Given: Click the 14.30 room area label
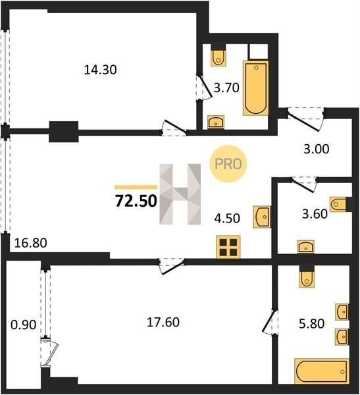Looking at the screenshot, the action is click(x=100, y=70).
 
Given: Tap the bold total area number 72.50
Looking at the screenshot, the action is click(x=136, y=201).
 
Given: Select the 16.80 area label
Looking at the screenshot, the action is click(x=30, y=243).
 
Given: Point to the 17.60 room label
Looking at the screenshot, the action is click(x=163, y=322).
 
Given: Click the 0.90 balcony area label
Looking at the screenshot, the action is click(x=24, y=325).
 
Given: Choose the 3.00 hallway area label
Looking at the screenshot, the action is click(x=317, y=149).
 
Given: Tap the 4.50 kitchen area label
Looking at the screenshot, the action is click(x=227, y=219).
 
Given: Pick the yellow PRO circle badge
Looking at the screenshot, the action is click(x=228, y=164).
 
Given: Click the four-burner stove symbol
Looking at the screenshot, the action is click(x=228, y=247).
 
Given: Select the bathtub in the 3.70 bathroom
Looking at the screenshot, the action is click(x=256, y=88).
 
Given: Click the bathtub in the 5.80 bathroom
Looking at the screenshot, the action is click(x=322, y=371).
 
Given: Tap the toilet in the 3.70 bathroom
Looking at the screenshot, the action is click(x=218, y=58).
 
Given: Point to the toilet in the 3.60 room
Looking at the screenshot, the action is click(x=338, y=204).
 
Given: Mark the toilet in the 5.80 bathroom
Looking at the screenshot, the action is click(x=307, y=279).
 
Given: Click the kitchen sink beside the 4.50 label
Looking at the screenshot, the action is click(x=262, y=217).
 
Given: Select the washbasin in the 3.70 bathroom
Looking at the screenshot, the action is click(x=216, y=122).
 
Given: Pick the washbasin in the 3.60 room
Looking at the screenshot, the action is click(x=306, y=246).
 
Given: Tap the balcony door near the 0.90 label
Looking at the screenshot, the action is click(x=49, y=353).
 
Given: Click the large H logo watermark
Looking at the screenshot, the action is click(x=180, y=194).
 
